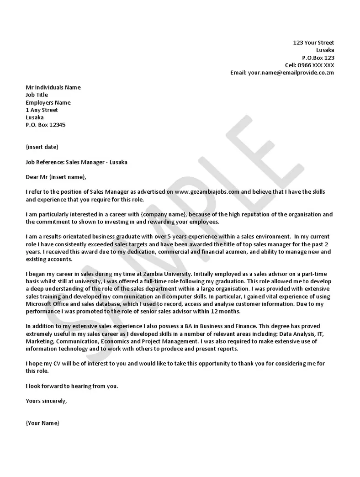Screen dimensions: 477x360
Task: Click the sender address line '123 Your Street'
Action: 313,42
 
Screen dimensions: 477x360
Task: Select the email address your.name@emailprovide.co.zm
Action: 291,73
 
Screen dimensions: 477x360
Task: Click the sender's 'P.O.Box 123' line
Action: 318,58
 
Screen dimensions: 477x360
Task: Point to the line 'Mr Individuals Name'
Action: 53,87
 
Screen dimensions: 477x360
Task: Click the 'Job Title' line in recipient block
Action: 37,95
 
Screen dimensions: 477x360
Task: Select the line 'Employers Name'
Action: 48,102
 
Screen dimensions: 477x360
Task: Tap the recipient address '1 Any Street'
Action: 42,110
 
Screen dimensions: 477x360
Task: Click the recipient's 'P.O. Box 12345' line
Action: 46,125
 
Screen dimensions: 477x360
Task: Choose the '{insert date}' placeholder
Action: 42,147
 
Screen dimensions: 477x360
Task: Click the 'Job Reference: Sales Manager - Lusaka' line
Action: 77,162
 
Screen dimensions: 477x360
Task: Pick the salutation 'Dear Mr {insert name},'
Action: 56,177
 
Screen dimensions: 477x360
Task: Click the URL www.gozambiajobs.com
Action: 207,192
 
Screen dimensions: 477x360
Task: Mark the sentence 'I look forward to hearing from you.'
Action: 72,386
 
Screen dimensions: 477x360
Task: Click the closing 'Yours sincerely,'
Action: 47,401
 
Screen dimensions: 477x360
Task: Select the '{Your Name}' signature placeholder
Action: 42,423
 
